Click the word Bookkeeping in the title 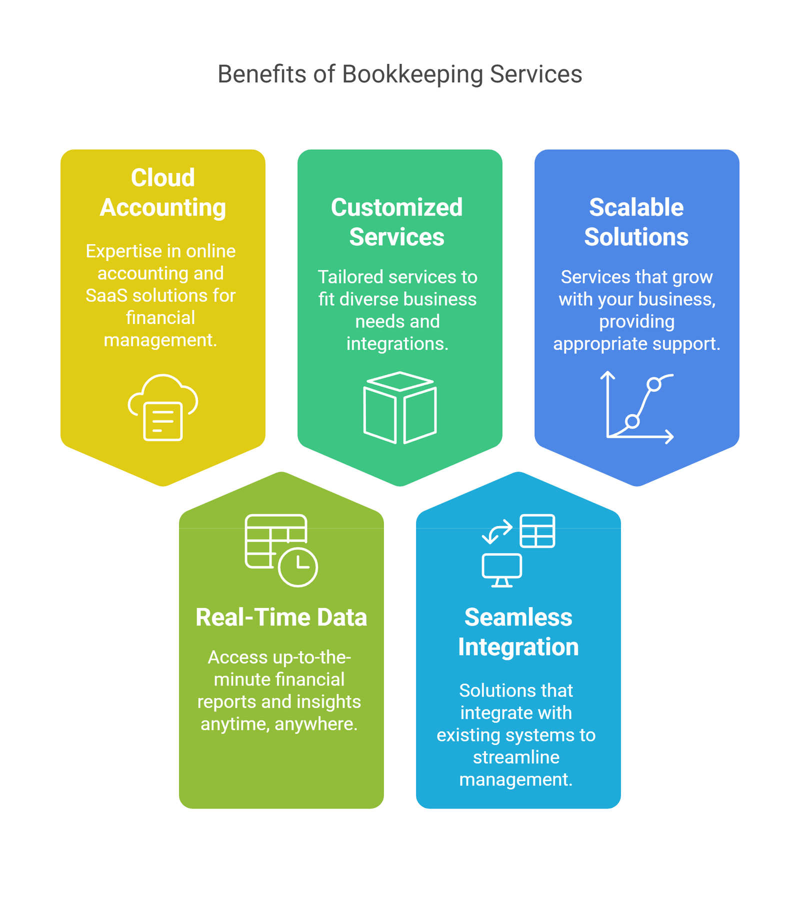[412, 74]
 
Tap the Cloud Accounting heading [162, 192]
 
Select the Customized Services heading [397, 222]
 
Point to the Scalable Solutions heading [636, 222]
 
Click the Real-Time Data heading [281, 617]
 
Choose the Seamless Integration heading [518, 632]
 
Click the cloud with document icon [163, 407]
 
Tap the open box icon [400, 407]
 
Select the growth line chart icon [637, 407]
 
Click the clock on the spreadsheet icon [298, 567]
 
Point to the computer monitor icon [502, 570]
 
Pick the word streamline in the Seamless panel [516, 757]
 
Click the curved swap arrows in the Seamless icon [497, 531]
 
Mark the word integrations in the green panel [397, 344]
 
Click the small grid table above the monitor [537, 531]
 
